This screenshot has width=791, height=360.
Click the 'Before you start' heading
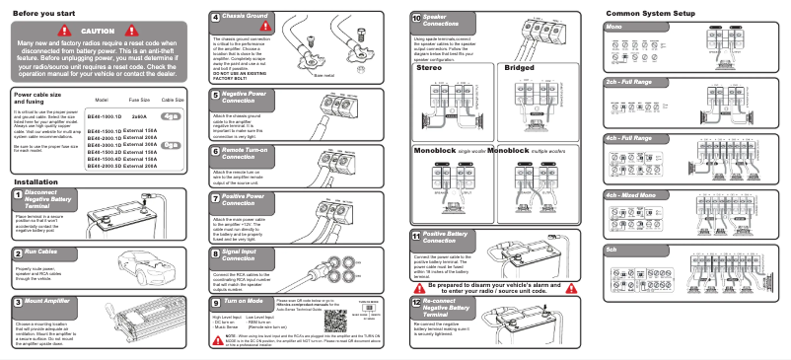point(45,13)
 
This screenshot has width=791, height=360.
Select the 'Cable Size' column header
point(173,101)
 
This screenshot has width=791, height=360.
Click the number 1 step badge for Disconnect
point(19,197)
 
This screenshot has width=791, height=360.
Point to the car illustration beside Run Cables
point(144,265)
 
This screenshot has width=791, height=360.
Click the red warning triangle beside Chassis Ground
point(292,21)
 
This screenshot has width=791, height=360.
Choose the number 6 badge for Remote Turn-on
point(215,154)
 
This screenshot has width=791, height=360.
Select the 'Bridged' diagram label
point(519,68)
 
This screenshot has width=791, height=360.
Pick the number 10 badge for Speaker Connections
point(416,18)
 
